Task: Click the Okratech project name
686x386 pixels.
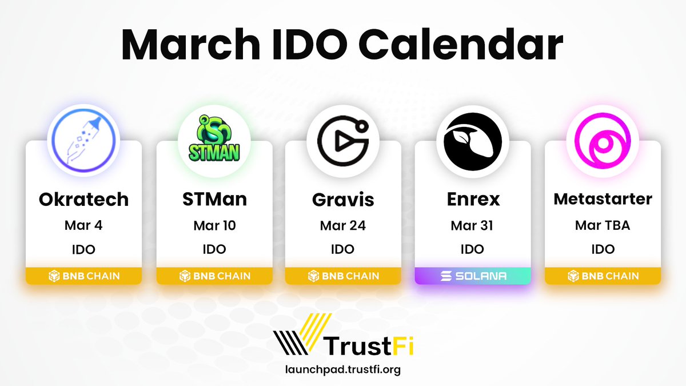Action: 83,200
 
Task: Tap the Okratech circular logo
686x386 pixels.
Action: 83,141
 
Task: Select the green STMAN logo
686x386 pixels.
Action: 213,141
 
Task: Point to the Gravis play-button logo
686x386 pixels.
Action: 343,141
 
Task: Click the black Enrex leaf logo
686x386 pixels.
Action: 472,141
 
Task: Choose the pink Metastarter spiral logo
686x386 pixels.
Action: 602,141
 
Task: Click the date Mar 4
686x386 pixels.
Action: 83,225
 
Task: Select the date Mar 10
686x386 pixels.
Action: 214,225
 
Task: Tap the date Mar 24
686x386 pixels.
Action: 343,225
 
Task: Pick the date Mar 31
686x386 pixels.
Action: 472,225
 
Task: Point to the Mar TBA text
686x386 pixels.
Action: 603,225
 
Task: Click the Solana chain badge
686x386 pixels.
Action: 473,276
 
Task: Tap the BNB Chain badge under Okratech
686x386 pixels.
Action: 83,276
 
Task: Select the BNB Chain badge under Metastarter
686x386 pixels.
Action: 603,276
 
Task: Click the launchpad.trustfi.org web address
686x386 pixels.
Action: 343,369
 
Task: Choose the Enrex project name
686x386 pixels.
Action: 473,200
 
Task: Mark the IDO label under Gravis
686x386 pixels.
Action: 343,249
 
